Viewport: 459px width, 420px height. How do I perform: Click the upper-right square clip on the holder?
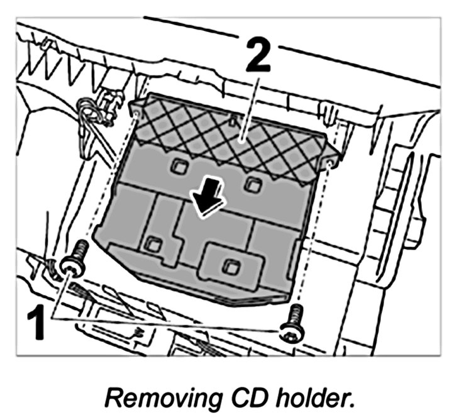click(253, 184)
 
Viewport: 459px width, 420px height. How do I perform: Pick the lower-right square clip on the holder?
click(231, 267)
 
